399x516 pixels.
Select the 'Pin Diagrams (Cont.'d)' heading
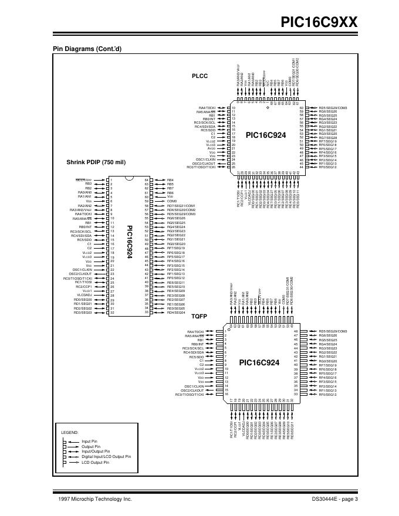click(87, 48)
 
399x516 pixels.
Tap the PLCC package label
click(200, 76)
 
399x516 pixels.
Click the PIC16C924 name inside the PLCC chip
click(266, 135)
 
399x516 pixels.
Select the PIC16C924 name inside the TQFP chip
click(262, 362)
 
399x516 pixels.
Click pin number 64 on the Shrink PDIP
click(146, 180)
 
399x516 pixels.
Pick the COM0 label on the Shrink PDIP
click(172, 201)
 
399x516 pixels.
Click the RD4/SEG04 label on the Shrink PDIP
click(176, 313)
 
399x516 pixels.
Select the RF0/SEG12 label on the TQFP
click(327, 395)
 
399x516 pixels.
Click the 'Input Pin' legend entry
click(89, 441)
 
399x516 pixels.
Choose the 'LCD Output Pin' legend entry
click(94, 463)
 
